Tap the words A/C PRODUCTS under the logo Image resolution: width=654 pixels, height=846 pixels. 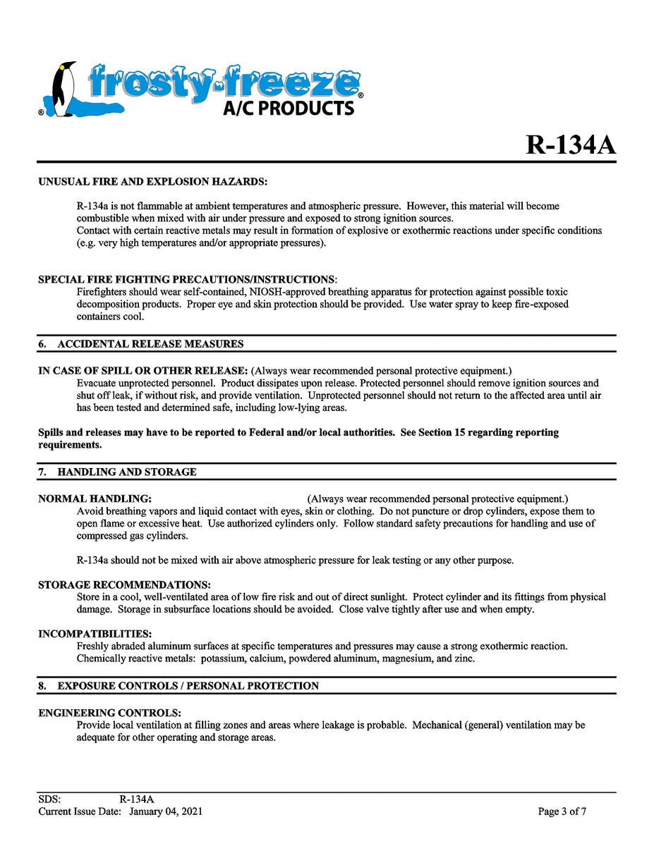pos(289,108)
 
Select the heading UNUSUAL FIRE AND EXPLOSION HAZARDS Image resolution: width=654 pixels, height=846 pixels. pos(152,182)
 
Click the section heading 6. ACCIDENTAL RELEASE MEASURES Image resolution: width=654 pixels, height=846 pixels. pos(141,344)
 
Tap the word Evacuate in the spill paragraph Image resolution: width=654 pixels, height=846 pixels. pos(97,384)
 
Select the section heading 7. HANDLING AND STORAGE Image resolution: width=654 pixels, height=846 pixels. pos(118,472)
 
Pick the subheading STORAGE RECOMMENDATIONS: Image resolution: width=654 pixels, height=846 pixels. pos(124,585)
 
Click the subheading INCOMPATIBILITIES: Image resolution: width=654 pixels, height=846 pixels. pos(95,634)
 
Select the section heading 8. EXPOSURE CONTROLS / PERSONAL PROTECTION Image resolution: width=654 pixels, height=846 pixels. pos(178,686)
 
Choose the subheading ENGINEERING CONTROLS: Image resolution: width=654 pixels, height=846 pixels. pos(109,713)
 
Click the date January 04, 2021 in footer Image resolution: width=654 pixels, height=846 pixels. pos(166,811)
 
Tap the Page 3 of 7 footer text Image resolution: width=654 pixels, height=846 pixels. pos(562,811)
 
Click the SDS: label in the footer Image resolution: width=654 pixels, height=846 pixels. pos(49,799)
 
